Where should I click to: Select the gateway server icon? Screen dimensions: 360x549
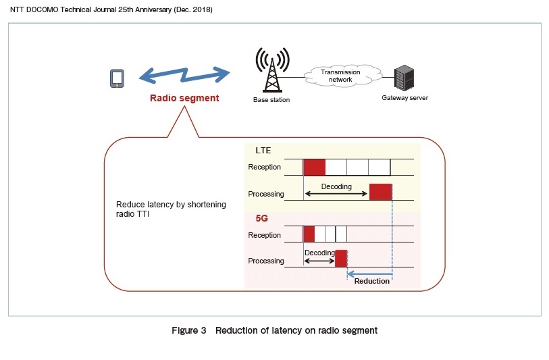click(404, 78)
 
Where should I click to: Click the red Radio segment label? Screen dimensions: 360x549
click(184, 98)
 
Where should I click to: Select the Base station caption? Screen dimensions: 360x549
click(271, 100)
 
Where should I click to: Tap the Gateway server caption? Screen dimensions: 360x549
click(404, 98)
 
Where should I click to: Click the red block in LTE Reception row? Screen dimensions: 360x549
click(314, 167)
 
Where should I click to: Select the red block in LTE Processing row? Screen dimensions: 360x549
click(380, 192)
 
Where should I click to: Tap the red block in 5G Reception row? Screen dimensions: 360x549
click(309, 234)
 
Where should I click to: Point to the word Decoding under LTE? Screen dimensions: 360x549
click(336, 186)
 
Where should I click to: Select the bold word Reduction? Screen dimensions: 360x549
click(372, 281)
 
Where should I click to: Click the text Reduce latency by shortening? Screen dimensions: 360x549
click(171, 204)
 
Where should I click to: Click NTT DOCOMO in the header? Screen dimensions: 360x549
click(34, 10)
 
